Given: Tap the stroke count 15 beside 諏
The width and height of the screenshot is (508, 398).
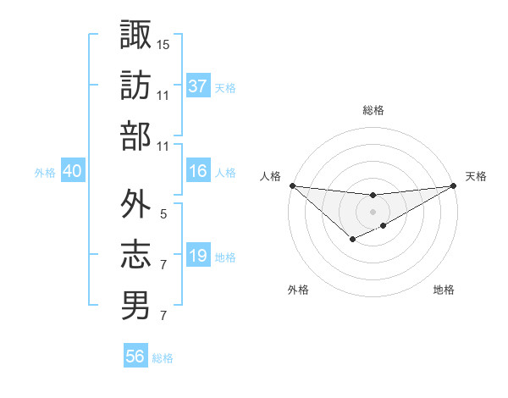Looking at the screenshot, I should [163, 43].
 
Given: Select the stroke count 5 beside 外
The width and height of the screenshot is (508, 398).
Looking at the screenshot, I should [163, 215].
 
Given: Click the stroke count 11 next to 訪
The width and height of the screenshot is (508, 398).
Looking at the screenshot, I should [163, 96].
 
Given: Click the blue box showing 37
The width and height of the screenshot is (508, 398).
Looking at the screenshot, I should [198, 86].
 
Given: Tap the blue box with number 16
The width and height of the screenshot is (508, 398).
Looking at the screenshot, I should [198, 172].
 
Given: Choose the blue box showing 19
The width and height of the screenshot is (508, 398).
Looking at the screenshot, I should [198, 257].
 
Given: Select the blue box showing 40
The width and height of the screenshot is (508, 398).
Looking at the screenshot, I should [73, 172].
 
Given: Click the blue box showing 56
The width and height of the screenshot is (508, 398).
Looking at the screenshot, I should [135, 357].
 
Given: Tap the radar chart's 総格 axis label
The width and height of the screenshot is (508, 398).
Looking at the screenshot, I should [373, 110].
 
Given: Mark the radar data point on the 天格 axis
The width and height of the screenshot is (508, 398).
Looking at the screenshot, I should [454, 185].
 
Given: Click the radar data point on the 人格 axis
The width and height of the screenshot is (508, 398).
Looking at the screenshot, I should [292, 185].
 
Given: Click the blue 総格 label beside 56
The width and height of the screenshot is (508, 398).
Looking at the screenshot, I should [163, 358].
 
